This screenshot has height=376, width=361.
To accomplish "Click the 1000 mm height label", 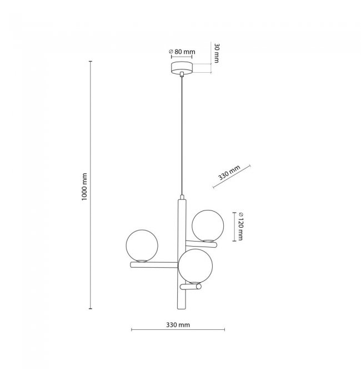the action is point(84,187).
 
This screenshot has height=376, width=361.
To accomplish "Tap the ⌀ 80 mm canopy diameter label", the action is point(182,52).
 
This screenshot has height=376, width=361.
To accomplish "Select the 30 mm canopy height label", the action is point(217,53).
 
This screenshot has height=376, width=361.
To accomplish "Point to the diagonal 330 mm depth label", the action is point(229,172).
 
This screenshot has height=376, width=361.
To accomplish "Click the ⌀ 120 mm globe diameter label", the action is point(240,227).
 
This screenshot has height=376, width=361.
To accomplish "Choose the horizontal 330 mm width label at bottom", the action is point(178,325).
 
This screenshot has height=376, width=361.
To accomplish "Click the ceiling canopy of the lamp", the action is point(182,67).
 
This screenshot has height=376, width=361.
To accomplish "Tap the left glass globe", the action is point(142,246).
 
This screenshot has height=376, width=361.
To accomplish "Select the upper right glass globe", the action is point(208,225).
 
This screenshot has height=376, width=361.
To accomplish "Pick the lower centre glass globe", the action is point(195,266).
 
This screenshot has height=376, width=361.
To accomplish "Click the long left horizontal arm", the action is point(154,265).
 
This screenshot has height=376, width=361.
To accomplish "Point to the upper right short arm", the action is point(201,244).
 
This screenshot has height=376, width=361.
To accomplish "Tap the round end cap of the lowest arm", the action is point(198,287).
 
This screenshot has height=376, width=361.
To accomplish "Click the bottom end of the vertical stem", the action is point(182,308).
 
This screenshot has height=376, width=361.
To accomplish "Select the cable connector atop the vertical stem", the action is point(182,197).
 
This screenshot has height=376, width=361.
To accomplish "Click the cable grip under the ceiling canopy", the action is point(182,74).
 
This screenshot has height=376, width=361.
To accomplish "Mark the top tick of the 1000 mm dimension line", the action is point(91,62).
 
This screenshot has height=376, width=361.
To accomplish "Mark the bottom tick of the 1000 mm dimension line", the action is point(91,309).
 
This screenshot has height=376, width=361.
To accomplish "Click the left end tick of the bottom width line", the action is point(132,330).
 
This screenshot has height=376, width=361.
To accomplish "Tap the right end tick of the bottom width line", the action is point(224,330).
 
